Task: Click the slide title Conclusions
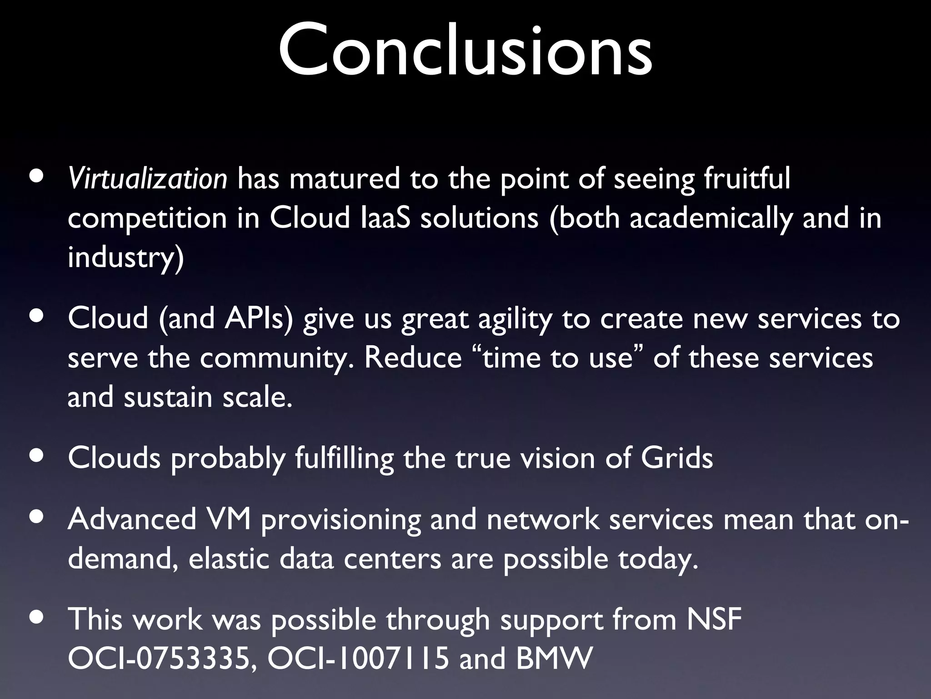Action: [x=465, y=51]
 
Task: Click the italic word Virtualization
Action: [x=147, y=179]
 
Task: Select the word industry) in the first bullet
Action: [x=126, y=258]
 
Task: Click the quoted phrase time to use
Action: [x=558, y=358]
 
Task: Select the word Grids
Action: [x=676, y=458]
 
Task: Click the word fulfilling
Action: [x=344, y=459]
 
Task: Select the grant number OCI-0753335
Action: [x=160, y=658]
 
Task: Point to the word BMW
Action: [x=554, y=658]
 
